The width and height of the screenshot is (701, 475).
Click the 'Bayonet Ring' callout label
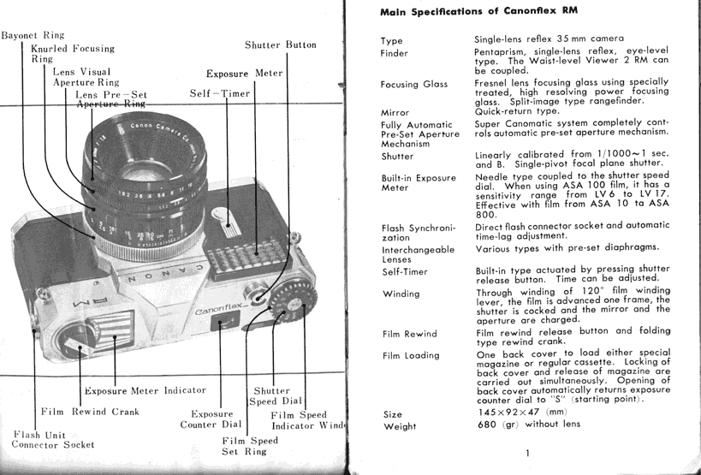(x=33, y=36)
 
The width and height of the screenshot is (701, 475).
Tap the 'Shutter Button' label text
(x=280, y=45)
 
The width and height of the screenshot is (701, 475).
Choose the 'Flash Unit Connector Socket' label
(x=53, y=439)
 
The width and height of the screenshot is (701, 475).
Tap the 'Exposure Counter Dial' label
(x=211, y=419)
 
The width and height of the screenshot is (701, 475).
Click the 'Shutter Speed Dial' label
(x=274, y=395)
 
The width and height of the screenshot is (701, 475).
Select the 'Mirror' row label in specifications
(x=395, y=112)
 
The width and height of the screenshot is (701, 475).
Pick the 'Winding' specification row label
(x=400, y=294)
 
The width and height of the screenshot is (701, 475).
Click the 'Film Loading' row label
(x=410, y=355)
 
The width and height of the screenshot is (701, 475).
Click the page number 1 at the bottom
(x=528, y=454)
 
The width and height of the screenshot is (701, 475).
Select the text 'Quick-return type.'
(x=517, y=111)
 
